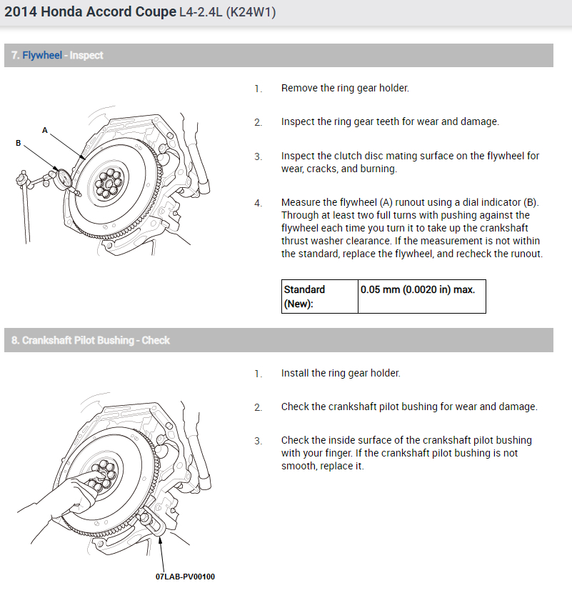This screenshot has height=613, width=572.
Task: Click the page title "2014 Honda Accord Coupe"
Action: click(x=90, y=12)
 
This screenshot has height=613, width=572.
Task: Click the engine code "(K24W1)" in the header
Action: click(x=251, y=13)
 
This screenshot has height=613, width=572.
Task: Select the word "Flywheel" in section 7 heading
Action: click(x=41, y=55)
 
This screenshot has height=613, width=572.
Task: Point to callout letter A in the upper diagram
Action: click(x=45, y=130)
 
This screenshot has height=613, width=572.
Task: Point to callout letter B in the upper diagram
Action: click(x=19, y=143)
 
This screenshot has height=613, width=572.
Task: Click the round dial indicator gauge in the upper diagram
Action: click(x=63, y=176)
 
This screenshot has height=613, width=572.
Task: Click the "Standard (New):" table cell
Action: click(x=319, y=296)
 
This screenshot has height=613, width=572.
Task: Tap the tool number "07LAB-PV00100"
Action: click(x=185, y=577)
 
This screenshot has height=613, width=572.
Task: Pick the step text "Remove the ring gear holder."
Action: click(x=345, y=88)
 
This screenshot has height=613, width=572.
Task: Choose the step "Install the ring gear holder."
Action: click(x=341, y=373)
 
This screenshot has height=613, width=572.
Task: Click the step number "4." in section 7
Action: click(x=258, y=204)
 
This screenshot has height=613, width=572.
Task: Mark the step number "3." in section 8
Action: click(x=258, y=441)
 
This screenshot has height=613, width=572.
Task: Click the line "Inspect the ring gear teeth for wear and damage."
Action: click(x=390, y=121)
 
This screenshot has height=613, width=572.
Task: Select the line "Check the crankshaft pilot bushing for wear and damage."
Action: click(x=408, y=407)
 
